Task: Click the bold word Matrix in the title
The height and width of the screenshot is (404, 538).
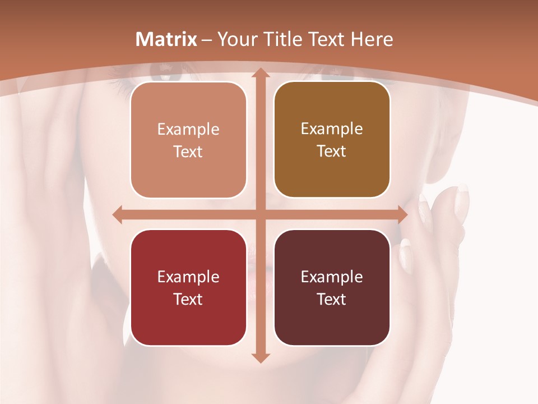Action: point(166,39)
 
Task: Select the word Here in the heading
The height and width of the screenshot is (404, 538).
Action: point(372,39)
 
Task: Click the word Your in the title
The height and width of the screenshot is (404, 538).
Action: point(236,39)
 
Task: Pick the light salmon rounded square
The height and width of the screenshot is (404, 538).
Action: point(188,140)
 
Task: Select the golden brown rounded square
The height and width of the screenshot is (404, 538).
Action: point(332,140)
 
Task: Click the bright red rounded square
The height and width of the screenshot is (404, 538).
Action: point(188,287)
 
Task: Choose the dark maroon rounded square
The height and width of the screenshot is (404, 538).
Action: point(332,287)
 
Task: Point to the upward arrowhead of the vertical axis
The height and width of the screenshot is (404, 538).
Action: point(259,73)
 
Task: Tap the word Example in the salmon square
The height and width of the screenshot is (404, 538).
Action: point(188,130)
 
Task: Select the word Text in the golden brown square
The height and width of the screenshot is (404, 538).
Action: point(332,151)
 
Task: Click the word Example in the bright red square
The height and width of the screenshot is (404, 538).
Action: point(188,277)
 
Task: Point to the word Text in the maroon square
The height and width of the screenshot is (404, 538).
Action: point(332,300)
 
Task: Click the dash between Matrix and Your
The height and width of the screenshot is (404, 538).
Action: point(207,40)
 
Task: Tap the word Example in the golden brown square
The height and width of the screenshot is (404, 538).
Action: point(332,129)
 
